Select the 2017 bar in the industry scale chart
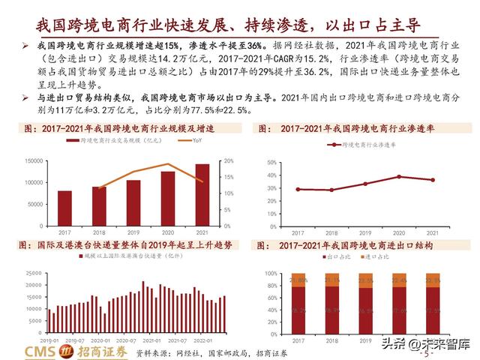(65, 202)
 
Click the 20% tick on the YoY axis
(229, 161)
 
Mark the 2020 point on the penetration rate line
(400, 176)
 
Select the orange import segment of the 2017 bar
(298, 280)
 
